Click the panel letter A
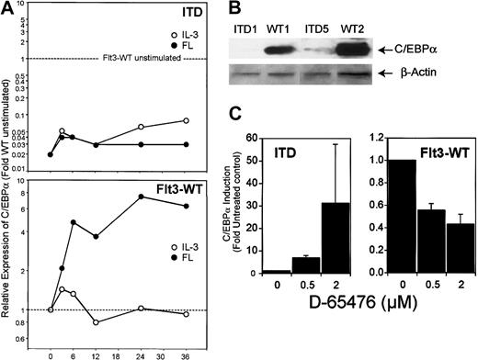click(x=9, y=9)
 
